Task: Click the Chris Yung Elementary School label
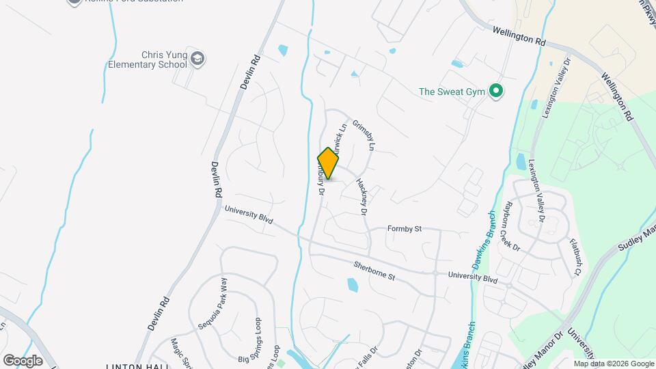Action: pos(148,59)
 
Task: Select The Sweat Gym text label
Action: pos(452,91)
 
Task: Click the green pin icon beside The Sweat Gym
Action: pos(497,91)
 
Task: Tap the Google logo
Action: pos(23,360)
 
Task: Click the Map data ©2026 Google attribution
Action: pos(614,364)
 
